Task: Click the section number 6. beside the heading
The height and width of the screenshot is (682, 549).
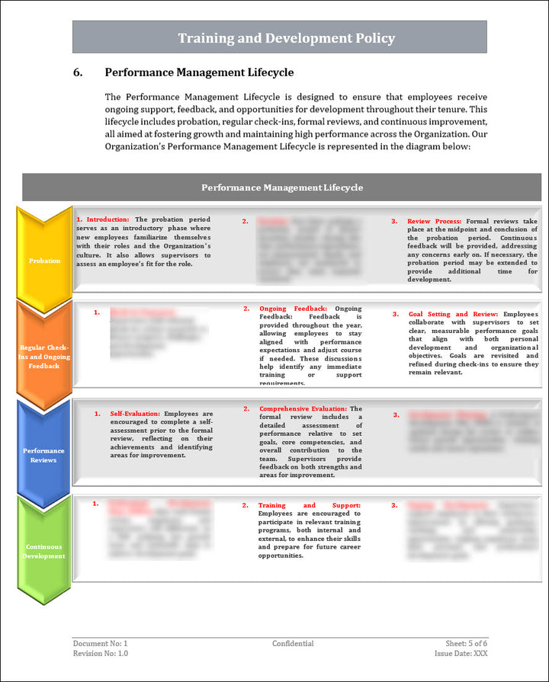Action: pyautogui.click(x=78, y=73)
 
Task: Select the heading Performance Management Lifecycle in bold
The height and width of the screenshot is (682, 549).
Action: pyautogui.click(x=199, y=73)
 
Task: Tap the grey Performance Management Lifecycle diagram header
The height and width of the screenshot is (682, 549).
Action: pyautogui.click(x=281, y=187)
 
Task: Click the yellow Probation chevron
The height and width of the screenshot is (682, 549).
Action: pyautogui.click(x=44, y=261)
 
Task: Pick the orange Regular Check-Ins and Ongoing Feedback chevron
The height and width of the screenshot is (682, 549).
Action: pyautogui.click(x=44, y=357)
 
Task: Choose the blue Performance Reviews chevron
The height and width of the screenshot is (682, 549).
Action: pyautogui.click(x=44, y=455)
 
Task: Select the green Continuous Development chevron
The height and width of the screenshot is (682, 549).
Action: pyautogui.click(x=44, y=551)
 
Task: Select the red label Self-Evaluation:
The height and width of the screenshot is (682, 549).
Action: pyautogui.click(x=135, y=414)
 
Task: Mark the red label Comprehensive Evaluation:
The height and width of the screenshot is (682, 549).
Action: pyautogui.click(x=303, y=409)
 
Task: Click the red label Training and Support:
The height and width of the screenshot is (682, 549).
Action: pyautogui.click(x=309, y=505)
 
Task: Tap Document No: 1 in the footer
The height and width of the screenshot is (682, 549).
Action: pyautogui.click(x=101, y=644)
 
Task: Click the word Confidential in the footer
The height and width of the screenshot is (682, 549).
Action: pyautogui.click(x=293, y=644)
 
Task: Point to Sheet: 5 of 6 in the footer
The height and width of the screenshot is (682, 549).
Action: pyautogui.click(x=467, y=644)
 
